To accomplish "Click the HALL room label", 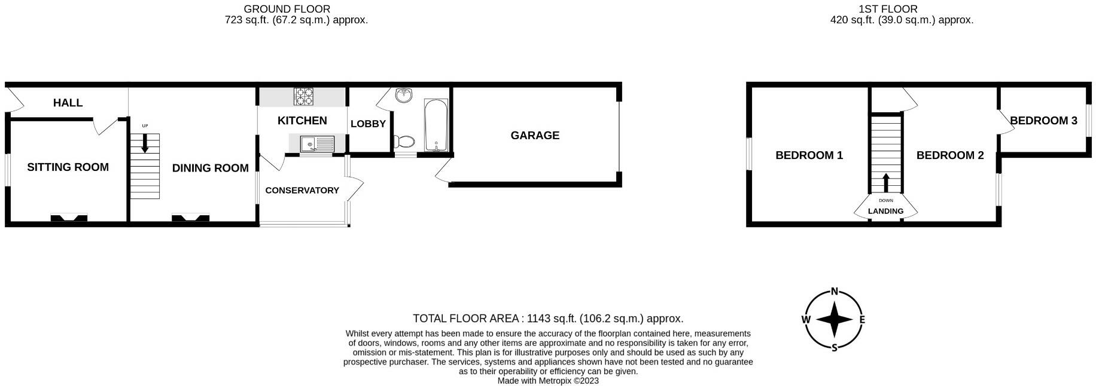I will [x=68, y=103].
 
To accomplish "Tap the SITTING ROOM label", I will [x=68, y=167].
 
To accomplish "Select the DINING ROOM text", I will [x=210, y=169].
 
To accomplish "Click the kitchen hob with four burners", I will [x=304, y=96].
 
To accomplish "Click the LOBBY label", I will [x=368, y=124].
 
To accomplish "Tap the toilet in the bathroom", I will [x=404, y=141].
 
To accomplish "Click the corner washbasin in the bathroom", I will [x=405, y=95].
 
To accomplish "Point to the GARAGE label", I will [x=535, y=136].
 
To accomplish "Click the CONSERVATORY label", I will [x=302, y=191].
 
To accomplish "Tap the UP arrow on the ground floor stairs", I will [x=145, y=142].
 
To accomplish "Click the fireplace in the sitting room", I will [x=69, y=218].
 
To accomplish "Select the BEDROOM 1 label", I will [x=809, y=155].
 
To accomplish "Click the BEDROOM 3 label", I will [x=1043, y=121].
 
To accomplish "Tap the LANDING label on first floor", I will [x=885, y=211].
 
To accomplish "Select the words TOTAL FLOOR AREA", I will [x=465, y=318].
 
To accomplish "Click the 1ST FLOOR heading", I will [x=887, y=9].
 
